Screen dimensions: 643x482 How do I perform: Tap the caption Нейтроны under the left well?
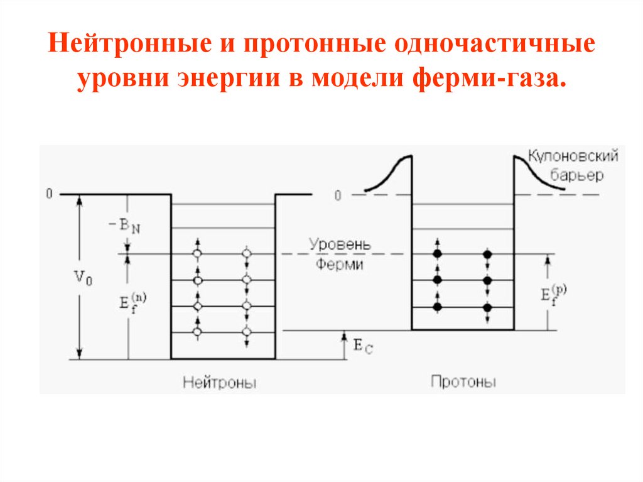coord(220,382)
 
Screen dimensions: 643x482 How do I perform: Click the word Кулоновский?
coord(573,156)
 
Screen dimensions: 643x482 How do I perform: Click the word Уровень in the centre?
coord(340,244)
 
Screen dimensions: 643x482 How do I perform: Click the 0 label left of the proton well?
coord(337,195)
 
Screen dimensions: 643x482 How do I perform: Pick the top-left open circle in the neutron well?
coord(198,254)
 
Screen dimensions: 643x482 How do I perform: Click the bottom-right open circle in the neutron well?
coord(247,331)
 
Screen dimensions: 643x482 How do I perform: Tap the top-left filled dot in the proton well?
coord(438,254)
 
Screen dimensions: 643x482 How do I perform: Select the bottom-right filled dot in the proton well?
coord(487,307)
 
